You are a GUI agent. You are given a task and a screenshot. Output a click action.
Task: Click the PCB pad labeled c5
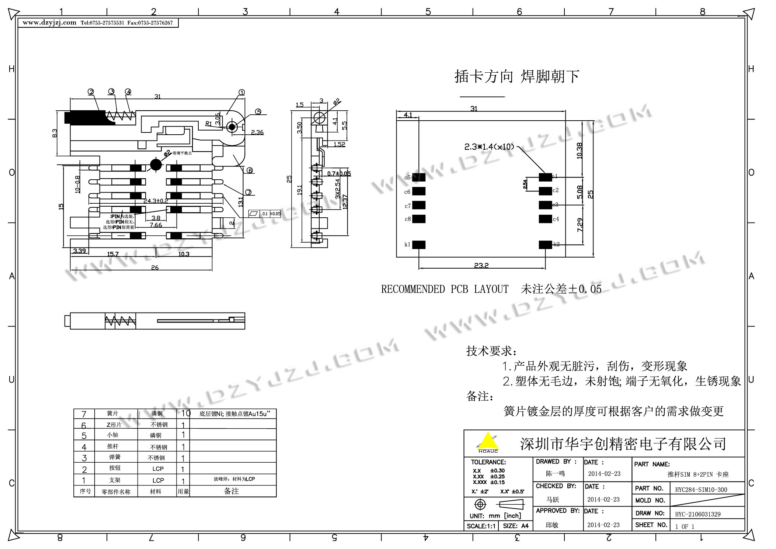(419, 177)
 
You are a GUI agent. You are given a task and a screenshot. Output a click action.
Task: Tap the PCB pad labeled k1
(419, 245)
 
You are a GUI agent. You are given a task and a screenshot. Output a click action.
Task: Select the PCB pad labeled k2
(545, 245)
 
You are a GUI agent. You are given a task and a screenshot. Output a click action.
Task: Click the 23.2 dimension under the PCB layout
(481, 265)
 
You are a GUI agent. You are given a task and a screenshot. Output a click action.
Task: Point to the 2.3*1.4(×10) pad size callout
(489, 147)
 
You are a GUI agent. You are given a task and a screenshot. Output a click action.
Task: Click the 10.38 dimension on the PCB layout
(579, 151)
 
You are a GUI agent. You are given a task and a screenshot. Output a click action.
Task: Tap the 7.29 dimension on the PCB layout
(580, 225)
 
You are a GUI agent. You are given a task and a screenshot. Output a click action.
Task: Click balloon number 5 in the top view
(258, 112)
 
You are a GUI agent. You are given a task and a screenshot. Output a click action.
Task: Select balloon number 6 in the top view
(250, 170)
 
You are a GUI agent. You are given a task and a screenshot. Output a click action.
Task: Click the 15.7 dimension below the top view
(112, 254)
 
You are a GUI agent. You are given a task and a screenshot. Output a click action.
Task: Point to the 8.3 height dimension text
(55, 133)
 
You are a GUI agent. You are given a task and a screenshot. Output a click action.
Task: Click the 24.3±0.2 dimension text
(156, 201)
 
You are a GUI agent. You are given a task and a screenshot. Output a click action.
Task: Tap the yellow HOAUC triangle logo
(487, 442)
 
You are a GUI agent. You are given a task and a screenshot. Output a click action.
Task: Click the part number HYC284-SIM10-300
(701, 490)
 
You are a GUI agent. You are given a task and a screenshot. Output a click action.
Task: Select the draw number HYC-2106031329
(697, 514)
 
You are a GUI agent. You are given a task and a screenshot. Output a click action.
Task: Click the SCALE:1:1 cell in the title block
(481, 526)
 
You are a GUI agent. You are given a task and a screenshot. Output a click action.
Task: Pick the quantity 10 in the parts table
(185, 413)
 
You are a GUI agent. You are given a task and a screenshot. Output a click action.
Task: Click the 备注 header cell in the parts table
(232, 491)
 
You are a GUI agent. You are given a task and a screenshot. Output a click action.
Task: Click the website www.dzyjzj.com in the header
(49, 23)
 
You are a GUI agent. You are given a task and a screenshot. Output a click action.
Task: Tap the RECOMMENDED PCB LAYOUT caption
(445, 289)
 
